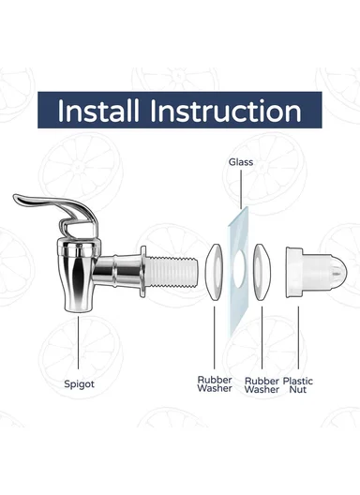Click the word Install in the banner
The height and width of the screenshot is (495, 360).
coord(98,111)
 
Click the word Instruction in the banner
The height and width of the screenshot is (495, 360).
coord(226,111)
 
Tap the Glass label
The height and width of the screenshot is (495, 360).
coord(241,162)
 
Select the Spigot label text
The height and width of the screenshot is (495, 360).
coord(79,384)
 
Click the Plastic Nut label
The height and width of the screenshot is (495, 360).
coord(298,385)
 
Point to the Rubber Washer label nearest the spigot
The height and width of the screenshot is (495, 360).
coord(215,383)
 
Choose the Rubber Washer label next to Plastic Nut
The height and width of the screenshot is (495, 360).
coord(262,385)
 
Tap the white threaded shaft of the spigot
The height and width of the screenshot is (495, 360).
coord(172,272)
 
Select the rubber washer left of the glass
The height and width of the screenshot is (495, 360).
coord(214,272)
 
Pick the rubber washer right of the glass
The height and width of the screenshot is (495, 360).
coord(262,272)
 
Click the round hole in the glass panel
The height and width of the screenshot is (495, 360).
coord(239,269)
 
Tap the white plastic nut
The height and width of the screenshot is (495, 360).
coord(316,273)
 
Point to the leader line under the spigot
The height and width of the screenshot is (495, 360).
coord(79,342)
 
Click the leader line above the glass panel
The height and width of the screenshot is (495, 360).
coord(241,189)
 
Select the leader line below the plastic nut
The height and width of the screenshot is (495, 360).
coord(298,337)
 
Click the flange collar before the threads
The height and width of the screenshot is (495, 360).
coord(142,272)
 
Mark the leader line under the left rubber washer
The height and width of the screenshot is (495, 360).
coord(215,337)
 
